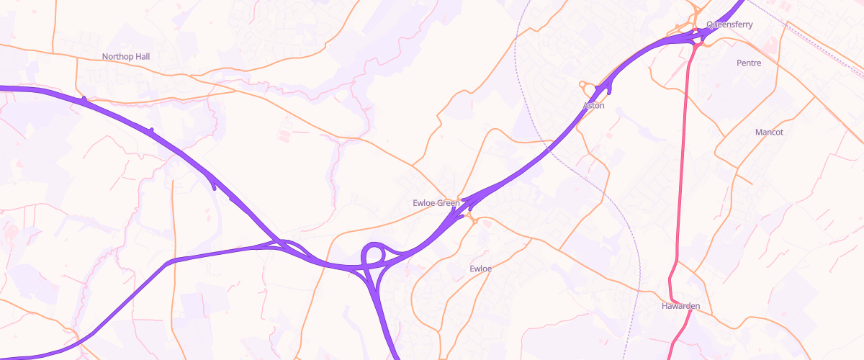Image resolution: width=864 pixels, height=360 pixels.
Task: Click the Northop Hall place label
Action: tap(125, 56)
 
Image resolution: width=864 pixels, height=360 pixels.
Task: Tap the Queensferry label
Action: tap(729, 24)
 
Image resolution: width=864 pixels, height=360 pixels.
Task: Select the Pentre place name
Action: tap(749, 63)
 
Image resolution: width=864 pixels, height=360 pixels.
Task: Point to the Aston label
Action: tap(593, 106)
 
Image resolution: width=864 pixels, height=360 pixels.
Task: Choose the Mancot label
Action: tap(769, 132)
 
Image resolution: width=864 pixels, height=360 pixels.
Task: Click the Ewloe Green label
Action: tap(436, 203)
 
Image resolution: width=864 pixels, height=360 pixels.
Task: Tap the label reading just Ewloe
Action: tap(480, 269)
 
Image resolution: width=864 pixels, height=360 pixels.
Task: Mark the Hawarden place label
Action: tap(680, 306)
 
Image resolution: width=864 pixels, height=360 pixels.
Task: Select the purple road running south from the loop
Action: tap(385, 317)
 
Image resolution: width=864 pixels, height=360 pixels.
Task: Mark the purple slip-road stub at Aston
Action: tap(608, 89)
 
